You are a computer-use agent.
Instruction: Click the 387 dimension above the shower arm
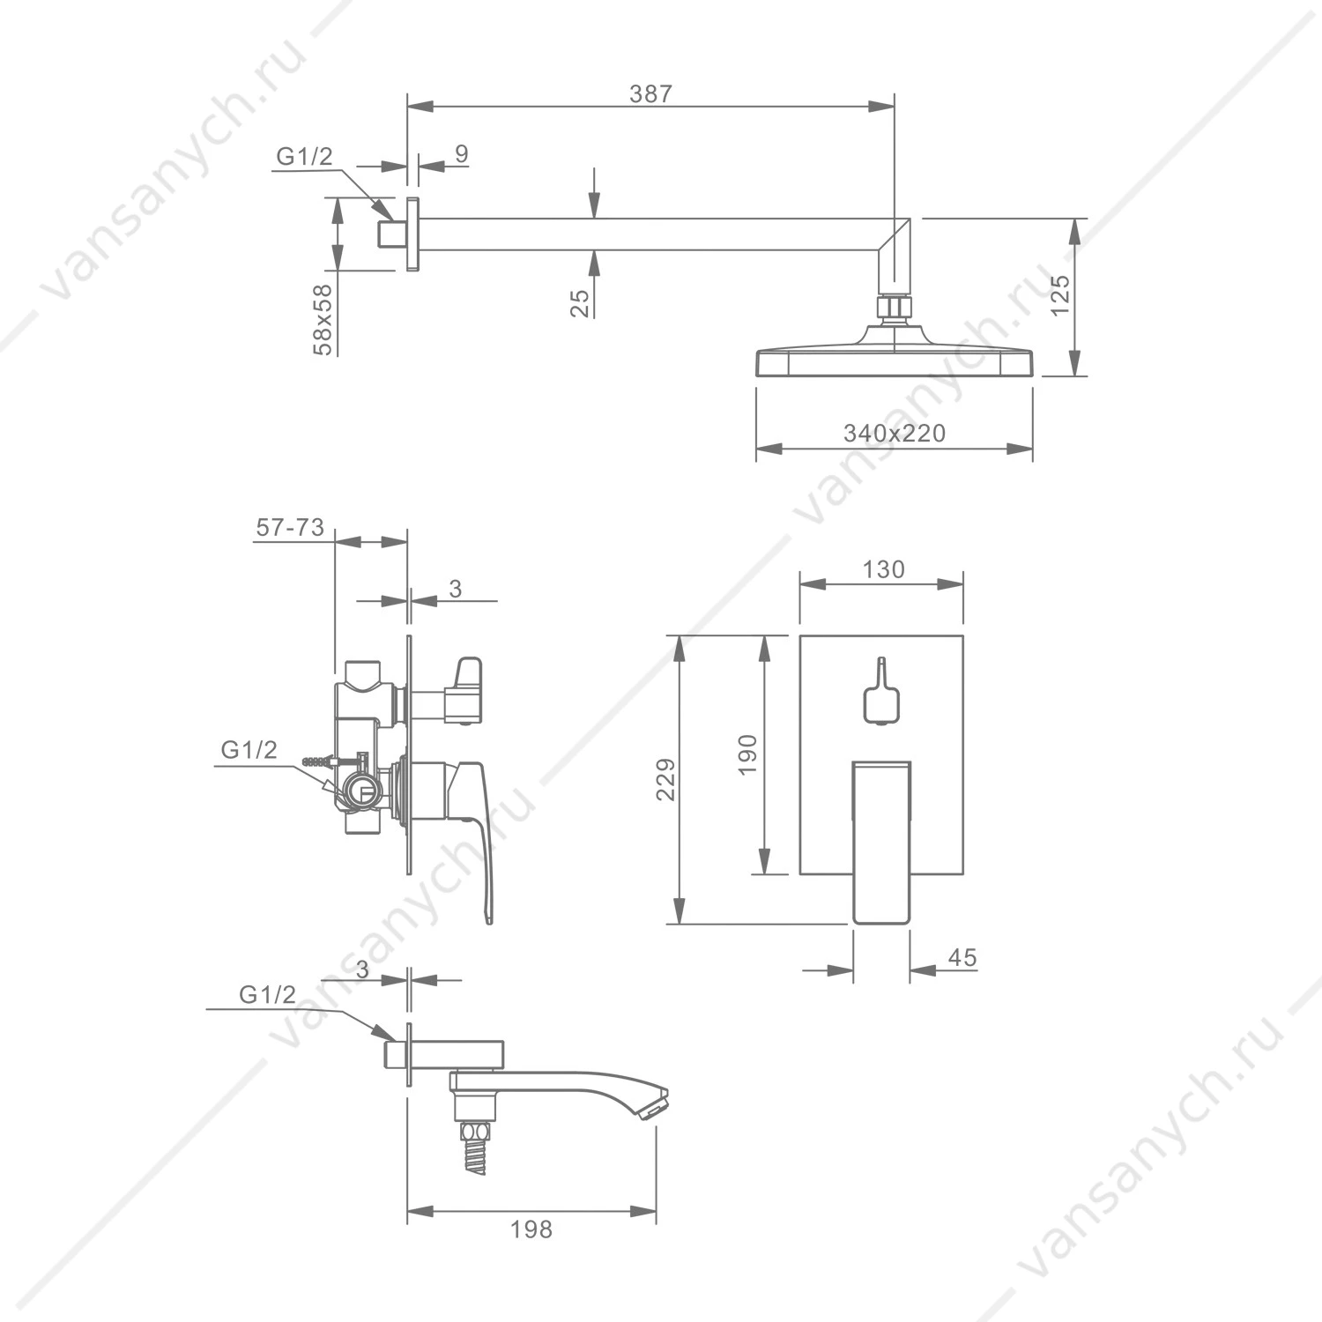[x=650, y=94]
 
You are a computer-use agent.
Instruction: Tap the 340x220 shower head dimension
[x=894, y=434]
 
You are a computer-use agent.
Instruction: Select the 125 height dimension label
[x=1060, y=295]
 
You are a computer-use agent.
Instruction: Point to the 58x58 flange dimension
[x=323, y=319]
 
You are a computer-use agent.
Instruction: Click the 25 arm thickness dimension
[x=580, y=303]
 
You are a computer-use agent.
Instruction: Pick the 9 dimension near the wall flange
[x=462, y=153]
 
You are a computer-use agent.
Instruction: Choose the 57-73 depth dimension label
[x=290, y=528]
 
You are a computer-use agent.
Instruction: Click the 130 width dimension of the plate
[x=883, y=569]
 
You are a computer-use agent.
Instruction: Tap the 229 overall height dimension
[x=666, y=779]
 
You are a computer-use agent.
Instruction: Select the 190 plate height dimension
[x=747, y=754]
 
